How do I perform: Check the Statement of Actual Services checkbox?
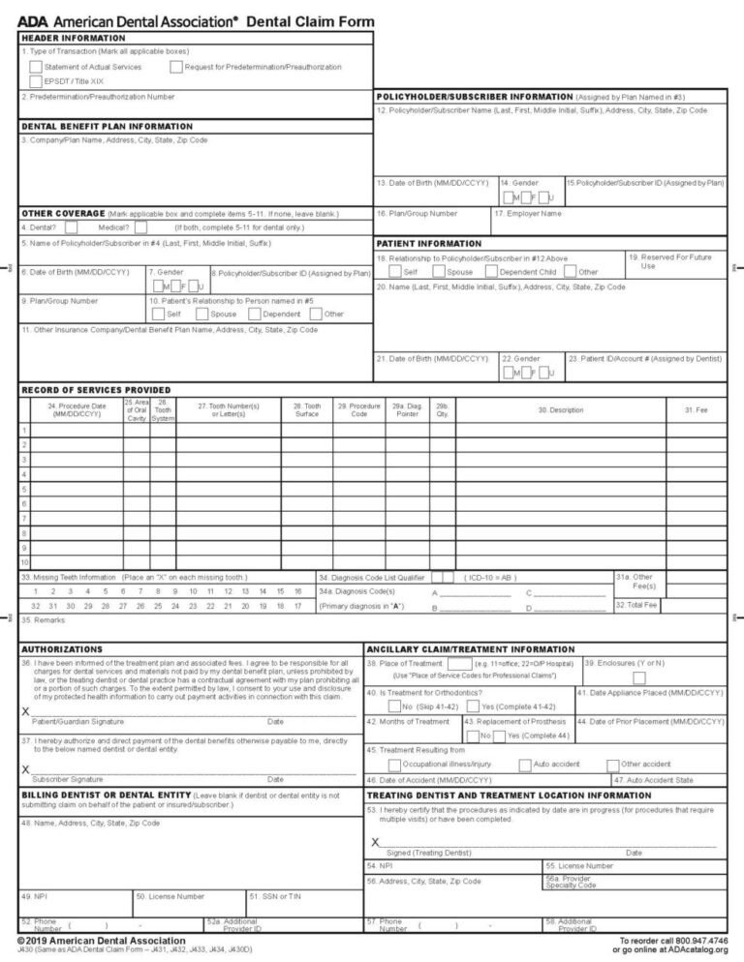pos(36,67)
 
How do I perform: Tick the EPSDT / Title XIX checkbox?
pos(36,81)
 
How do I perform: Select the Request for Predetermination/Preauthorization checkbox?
pos(175,67)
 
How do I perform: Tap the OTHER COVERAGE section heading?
pos(63,213)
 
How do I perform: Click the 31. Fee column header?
pos(696,410)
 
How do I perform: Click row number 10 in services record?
pos(25,562)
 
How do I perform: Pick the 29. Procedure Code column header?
pos(358,410)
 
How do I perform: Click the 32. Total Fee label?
pos(636,605)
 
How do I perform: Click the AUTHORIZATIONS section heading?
pos(62,648)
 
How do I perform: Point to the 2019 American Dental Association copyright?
pos(101,941)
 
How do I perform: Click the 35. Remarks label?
pos(43,619)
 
